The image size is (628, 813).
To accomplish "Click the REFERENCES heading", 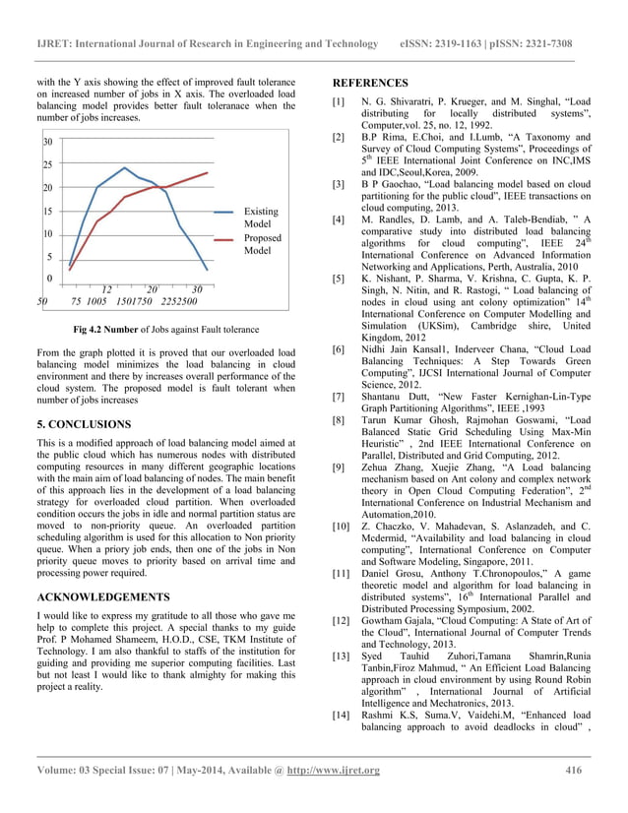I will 371,83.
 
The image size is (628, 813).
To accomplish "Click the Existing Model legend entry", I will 261,218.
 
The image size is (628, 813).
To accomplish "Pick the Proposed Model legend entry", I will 263,244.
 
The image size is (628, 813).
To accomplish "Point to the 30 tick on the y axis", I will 46,143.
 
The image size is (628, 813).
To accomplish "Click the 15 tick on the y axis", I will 46,211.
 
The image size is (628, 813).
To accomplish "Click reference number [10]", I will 342,529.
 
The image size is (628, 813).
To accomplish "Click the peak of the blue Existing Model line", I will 124,167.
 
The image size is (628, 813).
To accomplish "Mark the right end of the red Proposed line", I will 208,172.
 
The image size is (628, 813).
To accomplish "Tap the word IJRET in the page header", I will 53,44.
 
